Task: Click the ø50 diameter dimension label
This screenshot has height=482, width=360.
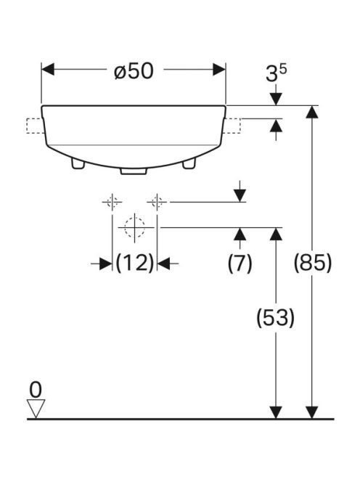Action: pyautogui.click(x=134, y=71)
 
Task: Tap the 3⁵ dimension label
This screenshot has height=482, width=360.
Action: pyautogui.click(x=276, y=73)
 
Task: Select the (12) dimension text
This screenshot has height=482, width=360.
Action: pyautogui.click(x=135, y=263)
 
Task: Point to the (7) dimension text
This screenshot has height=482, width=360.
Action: pyautogui.click(x=240, y=263)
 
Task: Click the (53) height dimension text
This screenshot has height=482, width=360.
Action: pyautogui.click(x=276, y=317)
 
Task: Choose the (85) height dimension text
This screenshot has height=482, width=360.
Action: pyautogui.click(x=313, y=263)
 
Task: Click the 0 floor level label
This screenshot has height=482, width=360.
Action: pyautogui.click(x=36, y=390)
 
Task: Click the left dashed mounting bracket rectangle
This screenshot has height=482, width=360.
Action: pyautogui.click(x=35, y=126)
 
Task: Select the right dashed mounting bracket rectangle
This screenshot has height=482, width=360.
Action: pyautogui.click(x=233, y=126)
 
